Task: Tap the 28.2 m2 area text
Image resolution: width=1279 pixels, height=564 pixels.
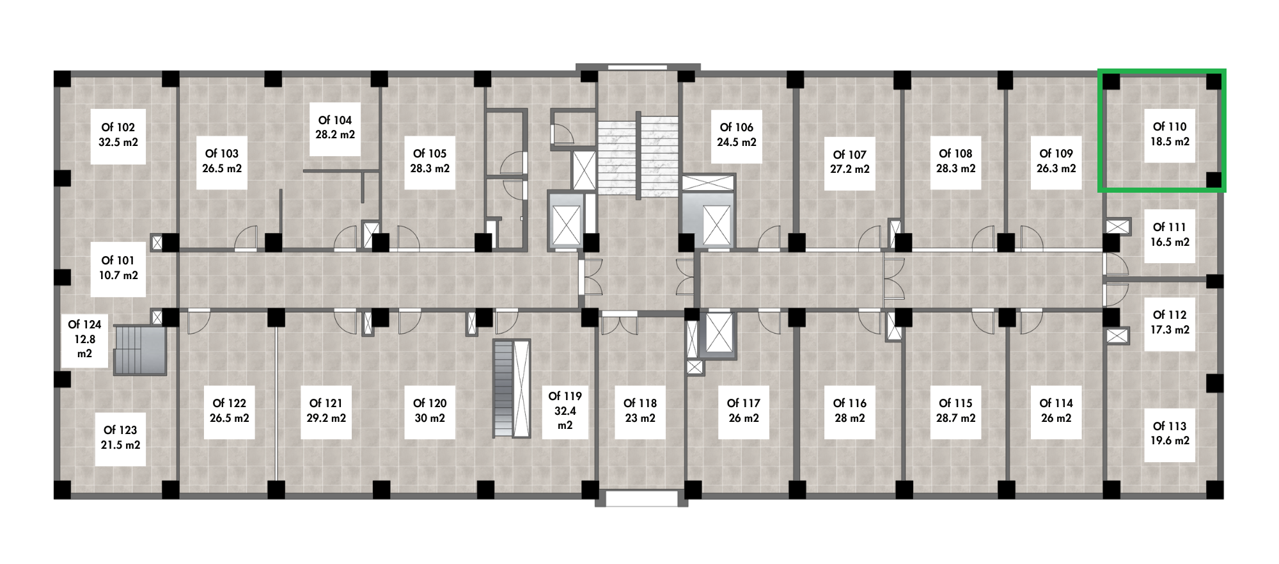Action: coord(335,134)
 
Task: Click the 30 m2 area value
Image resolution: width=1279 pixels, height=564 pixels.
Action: coord(430,418)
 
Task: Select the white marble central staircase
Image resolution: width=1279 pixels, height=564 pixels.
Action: coord(638,157)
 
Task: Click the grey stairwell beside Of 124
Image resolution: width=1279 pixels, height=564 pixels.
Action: coord(140,350)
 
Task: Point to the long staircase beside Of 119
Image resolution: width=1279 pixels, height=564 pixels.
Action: coord(512,389)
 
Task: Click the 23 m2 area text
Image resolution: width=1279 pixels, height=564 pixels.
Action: coord(640,418)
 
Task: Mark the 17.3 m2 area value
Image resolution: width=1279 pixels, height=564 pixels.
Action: coord(1170,330)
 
